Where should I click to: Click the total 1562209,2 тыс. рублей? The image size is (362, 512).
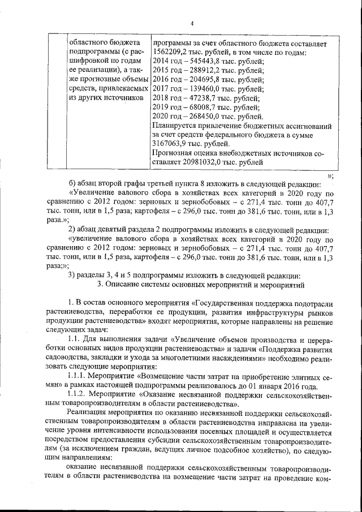(173, 52)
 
